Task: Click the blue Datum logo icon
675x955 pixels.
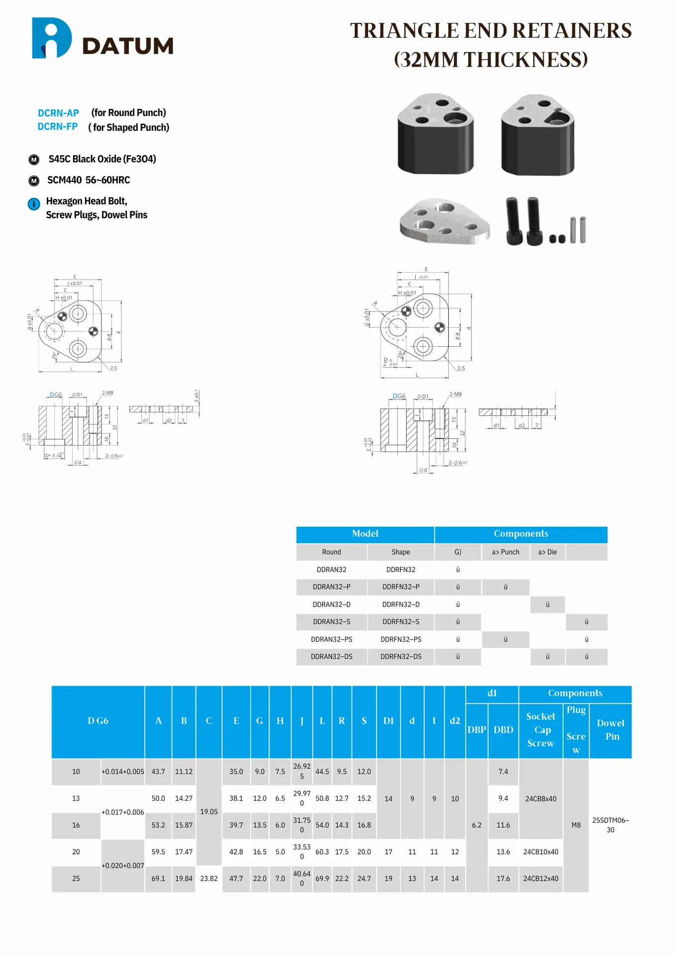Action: click(51, 38)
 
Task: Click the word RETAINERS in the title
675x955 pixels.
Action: click(572, 31)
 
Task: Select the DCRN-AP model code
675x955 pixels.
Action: click(58, 113)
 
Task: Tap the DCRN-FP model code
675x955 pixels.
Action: click(58, 127)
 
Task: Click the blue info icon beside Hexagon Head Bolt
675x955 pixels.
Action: click(34, 204)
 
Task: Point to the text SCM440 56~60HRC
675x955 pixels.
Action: click(89, 180)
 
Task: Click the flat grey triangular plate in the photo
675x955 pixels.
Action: click(444, 221)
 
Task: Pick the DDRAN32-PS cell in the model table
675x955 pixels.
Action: click(331, 639)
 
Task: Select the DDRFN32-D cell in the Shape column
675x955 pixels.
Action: click(400, 604)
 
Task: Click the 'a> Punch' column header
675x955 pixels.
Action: click(505, 552)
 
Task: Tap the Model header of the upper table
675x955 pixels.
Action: click(365, 534)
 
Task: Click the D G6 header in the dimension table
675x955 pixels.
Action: click(98, 721)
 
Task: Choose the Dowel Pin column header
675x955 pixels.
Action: click(611, 730)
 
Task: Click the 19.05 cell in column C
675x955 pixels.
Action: click(209, 812)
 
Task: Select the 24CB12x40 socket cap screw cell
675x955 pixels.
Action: click(541, 878)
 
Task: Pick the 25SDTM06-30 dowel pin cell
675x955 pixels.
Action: click(610, 825)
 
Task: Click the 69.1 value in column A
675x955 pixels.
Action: click(158, 878)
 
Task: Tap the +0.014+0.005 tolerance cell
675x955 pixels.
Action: click(123, 771)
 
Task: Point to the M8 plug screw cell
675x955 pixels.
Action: click(576, 825)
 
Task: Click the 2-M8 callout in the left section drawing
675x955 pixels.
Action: click(107, 393)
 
